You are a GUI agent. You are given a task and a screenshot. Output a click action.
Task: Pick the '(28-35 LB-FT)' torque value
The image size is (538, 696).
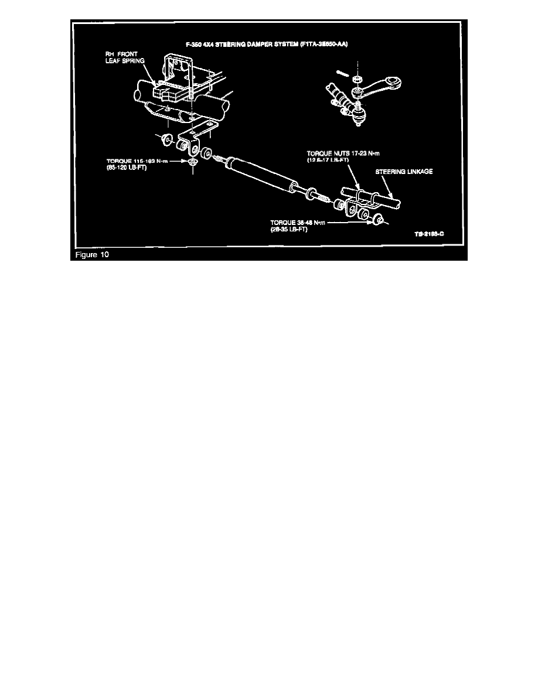[290, 230]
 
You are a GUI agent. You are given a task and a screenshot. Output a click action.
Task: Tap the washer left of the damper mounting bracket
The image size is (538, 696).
[168, 139]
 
